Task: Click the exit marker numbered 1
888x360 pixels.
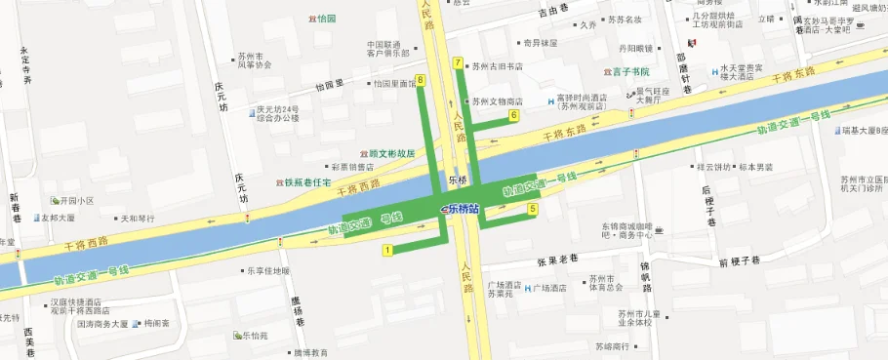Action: coord(388,251)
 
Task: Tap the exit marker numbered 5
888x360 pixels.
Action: coord(533,209)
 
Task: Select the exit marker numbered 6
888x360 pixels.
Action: coord(513,116)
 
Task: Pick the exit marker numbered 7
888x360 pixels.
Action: coord(458,63)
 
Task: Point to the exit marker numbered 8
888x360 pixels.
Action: coord(421,79)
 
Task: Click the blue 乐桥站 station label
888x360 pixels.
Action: coord(461,208)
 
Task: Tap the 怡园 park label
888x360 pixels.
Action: coord(325,19)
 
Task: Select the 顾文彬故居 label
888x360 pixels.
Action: coord(392,153)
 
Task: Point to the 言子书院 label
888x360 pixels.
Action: coord(630,71)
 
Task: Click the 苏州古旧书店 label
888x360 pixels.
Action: coord(497,67)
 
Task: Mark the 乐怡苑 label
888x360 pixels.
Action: coord(257,336)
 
